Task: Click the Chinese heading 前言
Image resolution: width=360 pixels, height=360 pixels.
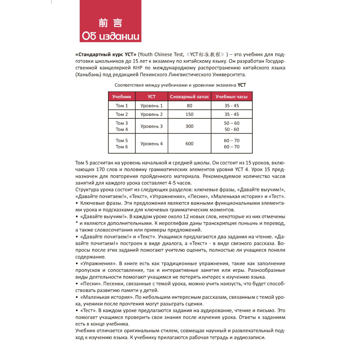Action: pyautogui.click(x=110, y=23)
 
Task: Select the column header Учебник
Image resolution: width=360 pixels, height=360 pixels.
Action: pyautogui.click(x=122, y=96)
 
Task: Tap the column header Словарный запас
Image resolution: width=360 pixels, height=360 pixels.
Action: pyautogui.click(x=189, y=96)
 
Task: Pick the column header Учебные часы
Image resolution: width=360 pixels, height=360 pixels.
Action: pyautogui.click(x=231, y=96)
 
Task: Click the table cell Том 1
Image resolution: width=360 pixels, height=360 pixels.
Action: pyautogui.click(x=122, y=105)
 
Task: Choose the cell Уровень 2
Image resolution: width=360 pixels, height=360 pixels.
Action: pyautogui.click(x=152, y=114)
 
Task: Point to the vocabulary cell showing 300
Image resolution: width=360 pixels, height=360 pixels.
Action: pyautogui.click(x=189, y=126)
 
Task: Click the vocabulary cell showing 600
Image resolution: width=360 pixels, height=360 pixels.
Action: pyautogui.click(x=189, y=144)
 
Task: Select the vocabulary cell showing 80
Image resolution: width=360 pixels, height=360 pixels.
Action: pyautogui.click(x=189, y=105)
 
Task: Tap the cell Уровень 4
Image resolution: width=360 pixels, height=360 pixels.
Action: pyautogui.click(x=152, y=144)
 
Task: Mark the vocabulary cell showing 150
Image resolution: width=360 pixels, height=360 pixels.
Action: pyautogui.click(x=189, y=114)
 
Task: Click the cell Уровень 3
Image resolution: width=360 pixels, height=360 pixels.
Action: pyautogui.click(x=152, y=126)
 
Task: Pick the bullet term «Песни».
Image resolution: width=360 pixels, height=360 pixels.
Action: pyautogui.click(x=89, y=284)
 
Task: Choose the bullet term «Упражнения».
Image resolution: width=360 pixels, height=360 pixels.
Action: pyautogui.click(x=95, y=264)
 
